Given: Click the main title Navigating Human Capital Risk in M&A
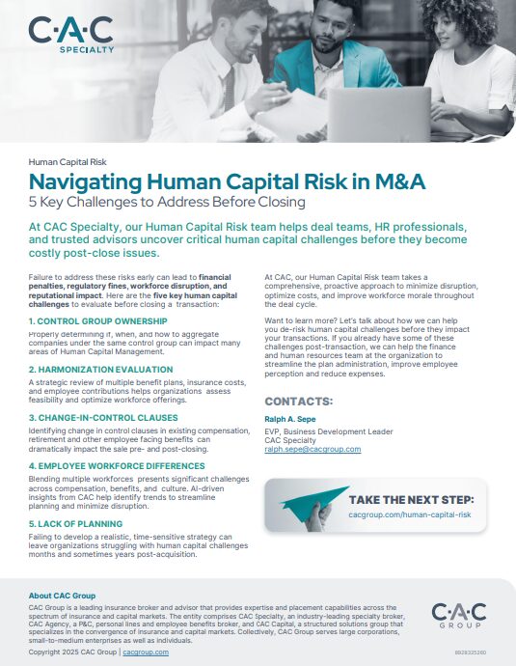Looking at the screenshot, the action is pos(226,181).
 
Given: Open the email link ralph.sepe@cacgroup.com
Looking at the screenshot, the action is pos(312,449).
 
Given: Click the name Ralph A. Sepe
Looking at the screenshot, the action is pos(290,419).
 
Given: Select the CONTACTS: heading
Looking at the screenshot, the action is pos(299,401).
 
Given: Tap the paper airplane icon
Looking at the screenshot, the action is pos(308,504).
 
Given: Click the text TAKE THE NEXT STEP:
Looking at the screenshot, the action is pos(410,500).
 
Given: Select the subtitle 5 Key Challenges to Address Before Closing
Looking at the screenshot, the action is pos(167,202).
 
